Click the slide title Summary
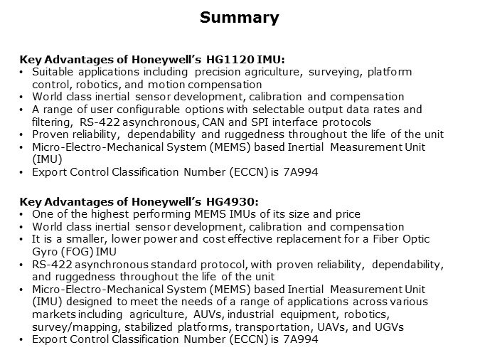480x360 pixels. (239, 18)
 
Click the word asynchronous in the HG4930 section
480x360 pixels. (109, 264)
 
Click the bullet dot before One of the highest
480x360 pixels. (22, 214)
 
